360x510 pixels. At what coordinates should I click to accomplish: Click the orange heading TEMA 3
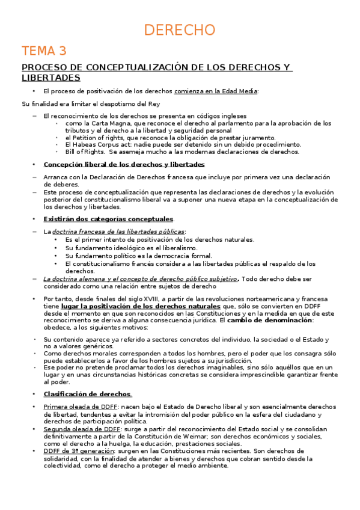[44, 50]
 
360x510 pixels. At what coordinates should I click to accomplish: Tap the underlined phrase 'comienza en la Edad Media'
[216, 91]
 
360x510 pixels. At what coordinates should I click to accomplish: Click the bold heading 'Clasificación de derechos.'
[88, 377]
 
